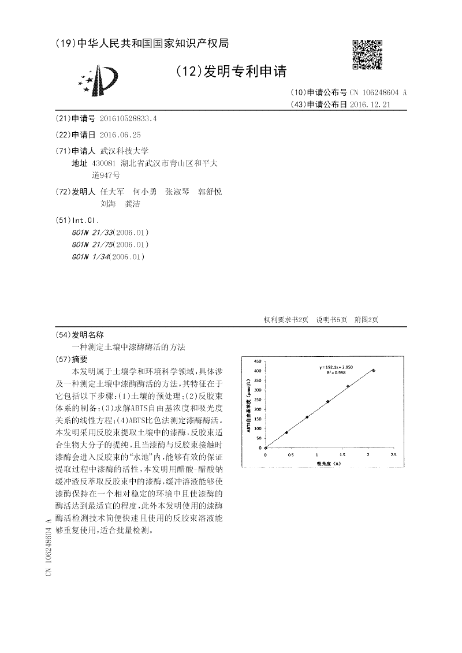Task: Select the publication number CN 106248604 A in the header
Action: pos(378,92)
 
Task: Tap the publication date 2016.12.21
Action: pos(371,105)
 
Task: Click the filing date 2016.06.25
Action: pos(120,135)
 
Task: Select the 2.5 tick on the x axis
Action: pos(393,455)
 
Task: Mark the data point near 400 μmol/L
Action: pos(374,371)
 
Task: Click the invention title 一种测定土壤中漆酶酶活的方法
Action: pos(128,347)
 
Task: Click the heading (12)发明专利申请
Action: pos(230,71)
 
